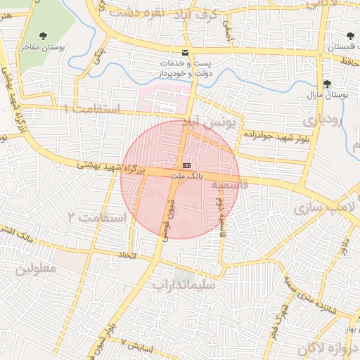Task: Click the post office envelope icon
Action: click(x=186, y=53)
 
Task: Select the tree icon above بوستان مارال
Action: click(x=328, y=83)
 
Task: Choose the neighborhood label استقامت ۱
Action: click(x=91, y=109)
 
